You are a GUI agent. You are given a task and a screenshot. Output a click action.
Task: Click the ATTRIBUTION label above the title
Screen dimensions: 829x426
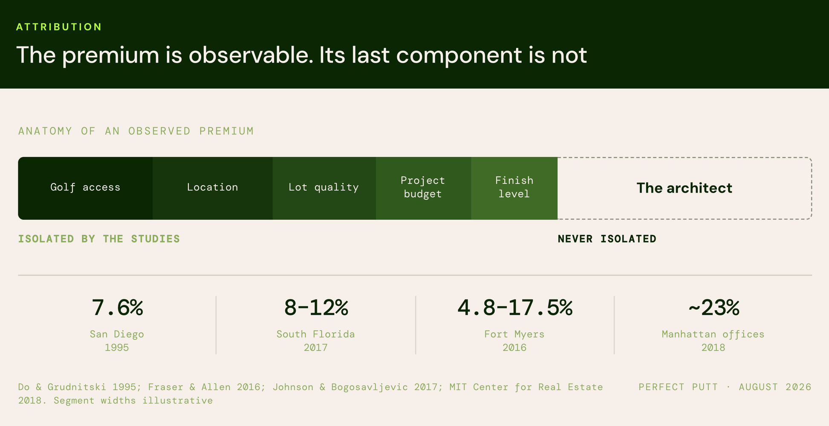coord(59,27)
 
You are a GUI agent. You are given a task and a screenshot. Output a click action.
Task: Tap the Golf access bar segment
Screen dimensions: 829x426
coord(85,188)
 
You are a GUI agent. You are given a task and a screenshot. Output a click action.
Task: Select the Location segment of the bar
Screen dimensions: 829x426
coord(213,188)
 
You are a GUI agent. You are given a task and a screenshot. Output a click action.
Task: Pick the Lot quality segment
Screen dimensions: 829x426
coord(324,188)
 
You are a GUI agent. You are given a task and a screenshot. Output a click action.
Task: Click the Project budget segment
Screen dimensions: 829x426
coord(424,188)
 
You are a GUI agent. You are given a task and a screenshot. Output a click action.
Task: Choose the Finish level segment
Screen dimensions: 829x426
coord(514,188)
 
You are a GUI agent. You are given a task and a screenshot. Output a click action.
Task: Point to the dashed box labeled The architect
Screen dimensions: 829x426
coord(685,158)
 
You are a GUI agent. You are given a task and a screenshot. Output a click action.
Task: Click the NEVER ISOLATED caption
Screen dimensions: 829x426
coord(607,239)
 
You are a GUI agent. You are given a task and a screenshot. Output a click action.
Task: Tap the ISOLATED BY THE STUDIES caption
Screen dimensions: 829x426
coord(99,239)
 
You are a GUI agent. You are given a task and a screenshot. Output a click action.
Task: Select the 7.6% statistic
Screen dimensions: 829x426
coord(117,308)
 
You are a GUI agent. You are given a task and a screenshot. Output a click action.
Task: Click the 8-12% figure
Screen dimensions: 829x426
coord(316,308)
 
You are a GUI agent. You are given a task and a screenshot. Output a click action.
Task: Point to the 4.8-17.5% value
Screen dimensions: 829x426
coord(515,308)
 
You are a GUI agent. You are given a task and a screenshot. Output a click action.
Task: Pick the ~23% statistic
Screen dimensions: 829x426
coord(713,308)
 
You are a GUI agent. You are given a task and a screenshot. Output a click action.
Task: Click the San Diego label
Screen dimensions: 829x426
coord(117,334)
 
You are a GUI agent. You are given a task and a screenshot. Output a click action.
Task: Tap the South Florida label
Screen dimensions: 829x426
coord(316,334)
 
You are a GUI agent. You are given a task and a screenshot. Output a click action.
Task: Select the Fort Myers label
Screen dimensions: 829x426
coord(514,334)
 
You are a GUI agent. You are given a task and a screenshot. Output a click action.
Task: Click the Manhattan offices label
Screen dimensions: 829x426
coord(713,334)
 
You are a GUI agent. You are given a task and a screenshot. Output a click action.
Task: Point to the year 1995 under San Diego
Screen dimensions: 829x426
coord(117,348)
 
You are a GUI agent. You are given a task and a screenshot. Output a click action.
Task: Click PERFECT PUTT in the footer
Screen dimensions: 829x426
coord(678,387)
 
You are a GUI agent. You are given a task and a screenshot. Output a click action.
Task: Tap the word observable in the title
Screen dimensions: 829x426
coord(251,55)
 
